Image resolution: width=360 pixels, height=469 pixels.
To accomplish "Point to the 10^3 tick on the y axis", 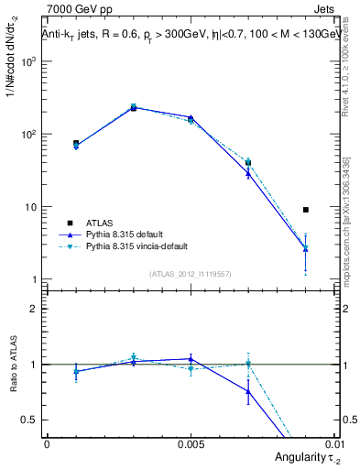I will pos(29,61).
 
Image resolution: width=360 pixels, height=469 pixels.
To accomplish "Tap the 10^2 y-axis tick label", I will pos(29,135).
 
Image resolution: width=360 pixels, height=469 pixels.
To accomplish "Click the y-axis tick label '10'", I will pos(32,207).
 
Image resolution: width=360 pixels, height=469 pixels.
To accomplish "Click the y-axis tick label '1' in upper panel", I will pos(35,279).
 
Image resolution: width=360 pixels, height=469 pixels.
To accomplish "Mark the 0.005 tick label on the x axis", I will pos(191,443).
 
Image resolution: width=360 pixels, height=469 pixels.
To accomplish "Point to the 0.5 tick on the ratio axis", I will pos(30,420).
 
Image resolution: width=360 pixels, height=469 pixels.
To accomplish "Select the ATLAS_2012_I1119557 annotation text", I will pos(191,274).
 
